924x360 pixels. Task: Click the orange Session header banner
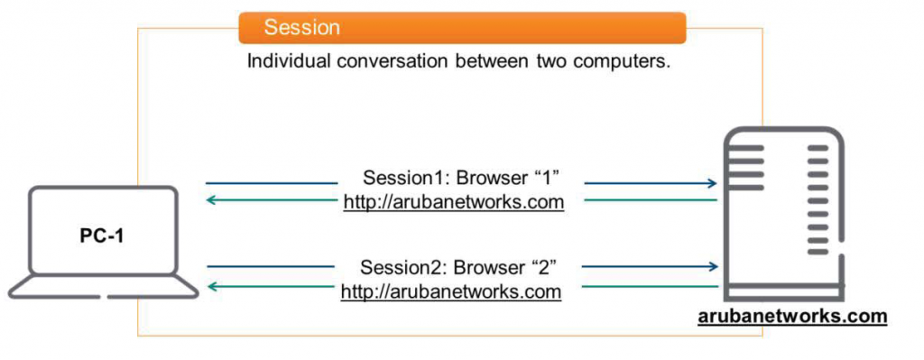click(x=462, y=28)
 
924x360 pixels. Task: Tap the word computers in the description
click(x=626, y=64)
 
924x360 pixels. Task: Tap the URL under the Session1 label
click(x=453, y=201)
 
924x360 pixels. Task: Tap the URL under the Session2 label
click(x=451, y=292)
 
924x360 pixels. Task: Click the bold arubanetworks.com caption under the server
click(x=792, y=318)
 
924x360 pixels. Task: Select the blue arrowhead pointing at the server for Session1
click(x=713, y=183)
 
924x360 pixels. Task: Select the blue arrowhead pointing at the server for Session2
click(x=713, y=266)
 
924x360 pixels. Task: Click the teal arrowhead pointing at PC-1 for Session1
click(x=212, y=199)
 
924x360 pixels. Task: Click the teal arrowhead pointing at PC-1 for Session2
click(x=212, y=287)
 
